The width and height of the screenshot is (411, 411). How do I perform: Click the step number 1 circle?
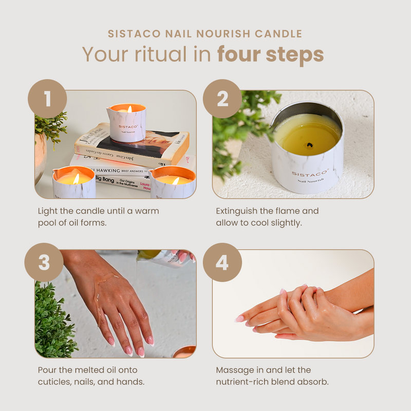coord(47,98)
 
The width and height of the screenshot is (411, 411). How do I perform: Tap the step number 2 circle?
coord(222,98)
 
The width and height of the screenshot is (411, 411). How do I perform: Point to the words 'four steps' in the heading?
coord(270,54)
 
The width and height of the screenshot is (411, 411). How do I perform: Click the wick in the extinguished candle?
coord(309,145)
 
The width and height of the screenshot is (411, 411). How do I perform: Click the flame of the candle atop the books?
coord(129,109)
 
